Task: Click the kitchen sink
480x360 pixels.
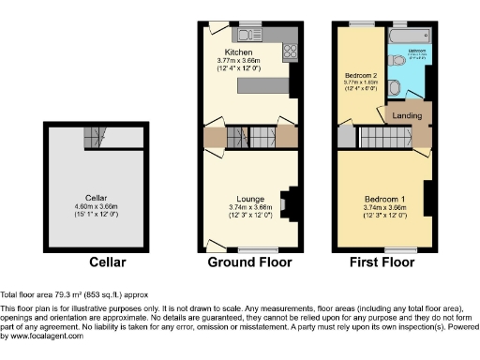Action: coord(262,35)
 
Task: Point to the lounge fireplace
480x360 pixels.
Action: coord(288,201)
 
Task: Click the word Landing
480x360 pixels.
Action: coord(406,115)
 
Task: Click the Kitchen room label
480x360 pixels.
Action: coord(238,52)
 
